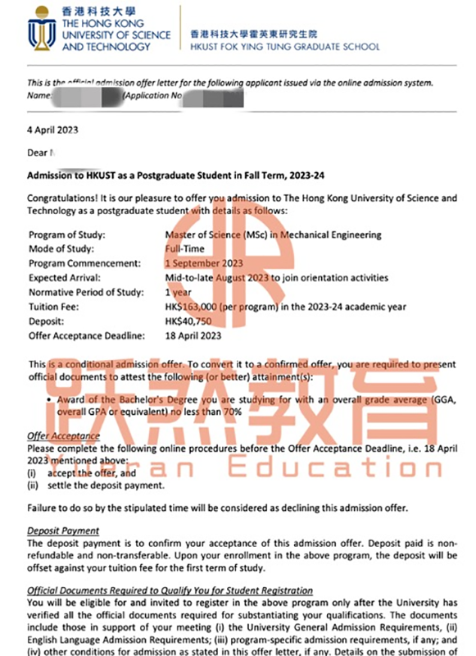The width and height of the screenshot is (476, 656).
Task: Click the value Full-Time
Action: (184, 248)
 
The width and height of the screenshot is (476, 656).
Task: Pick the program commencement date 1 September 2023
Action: (204, 263)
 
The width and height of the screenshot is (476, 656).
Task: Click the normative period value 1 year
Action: (178, 291)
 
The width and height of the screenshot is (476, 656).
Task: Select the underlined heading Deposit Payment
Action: (63, 531)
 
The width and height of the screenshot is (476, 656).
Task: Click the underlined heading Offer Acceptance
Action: (63, 436)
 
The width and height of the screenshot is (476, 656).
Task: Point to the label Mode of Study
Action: (61, 248)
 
